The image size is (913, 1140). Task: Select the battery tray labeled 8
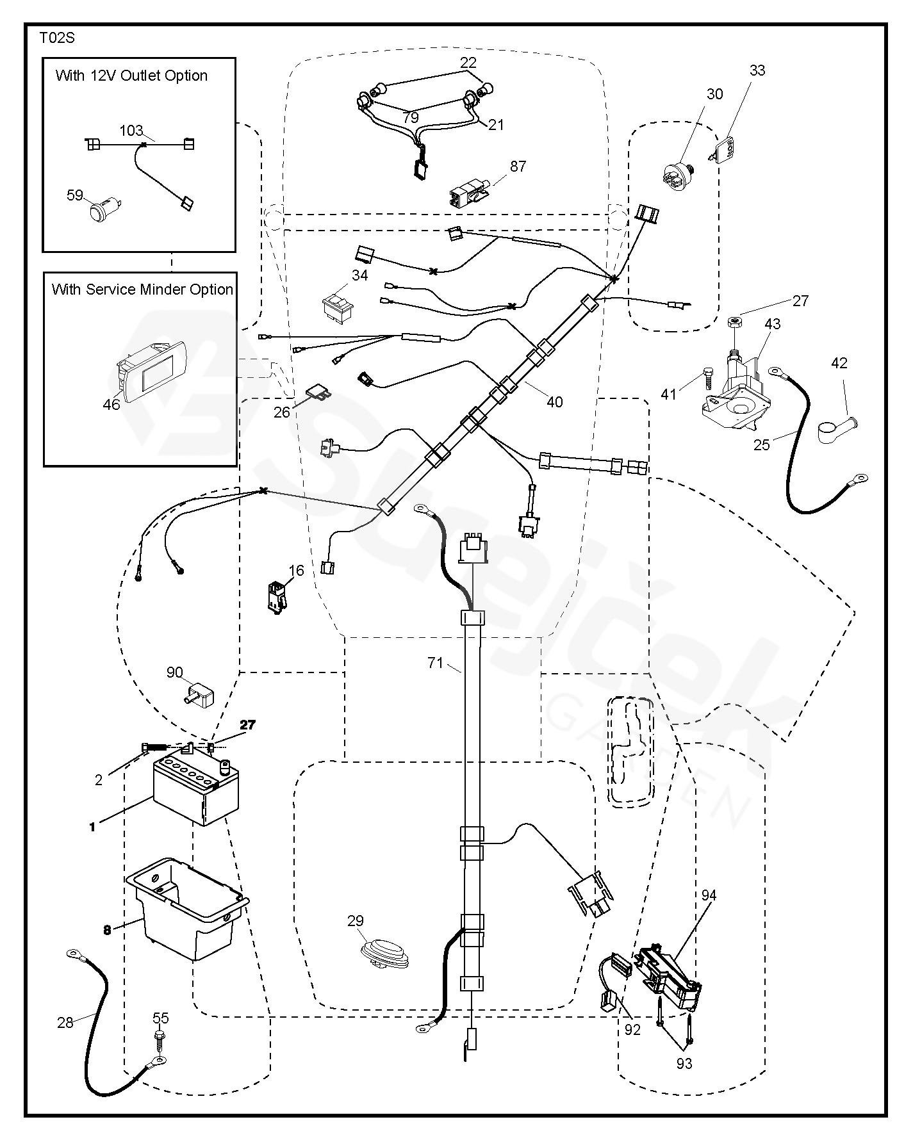pyautogui.click(x=186, y=909)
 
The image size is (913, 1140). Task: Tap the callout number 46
pyautogui.click(x=111, y=404)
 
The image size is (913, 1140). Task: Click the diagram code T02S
pyautogui.click(x=57, y=38)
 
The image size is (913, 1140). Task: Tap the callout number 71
pyautogui.click(x=436, y=663)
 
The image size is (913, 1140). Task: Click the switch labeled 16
pyautogui.click(x=277, y=597)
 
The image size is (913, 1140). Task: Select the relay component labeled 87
pyautogui.click(x=469, y=190)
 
